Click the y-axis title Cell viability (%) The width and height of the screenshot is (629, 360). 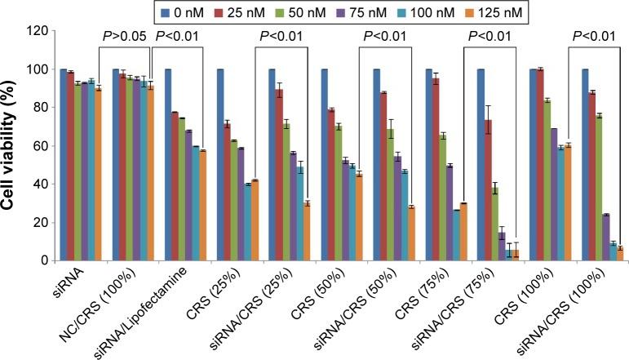pos(15,145)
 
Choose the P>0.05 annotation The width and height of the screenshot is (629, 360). pos(124,35)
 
